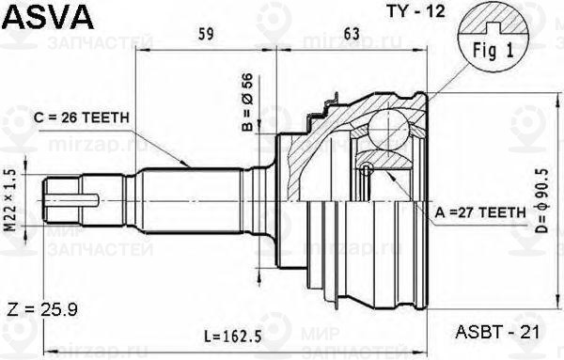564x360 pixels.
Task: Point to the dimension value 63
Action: coord(352,38)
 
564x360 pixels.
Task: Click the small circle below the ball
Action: coord(368,170)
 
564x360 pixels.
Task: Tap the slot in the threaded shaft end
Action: coord(75,199)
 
